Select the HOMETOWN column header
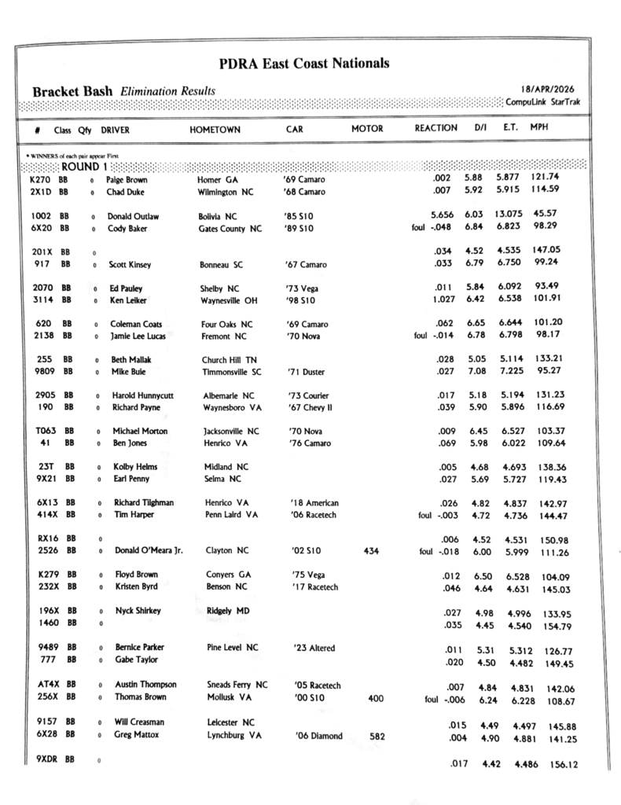click(215, 129)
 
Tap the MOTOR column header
click(367, 128)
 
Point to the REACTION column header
click(435, 127)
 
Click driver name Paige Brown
click(126, 179)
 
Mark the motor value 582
click(377, 736)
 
